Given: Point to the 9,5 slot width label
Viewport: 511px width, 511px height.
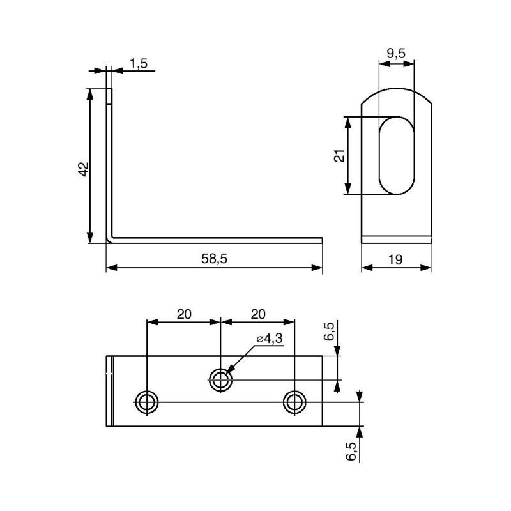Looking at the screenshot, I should (x=396, y=54).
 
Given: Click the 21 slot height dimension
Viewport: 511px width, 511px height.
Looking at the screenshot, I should (x=339, y=155).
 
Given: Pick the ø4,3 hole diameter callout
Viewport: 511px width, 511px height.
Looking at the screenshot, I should (x=269, y=339).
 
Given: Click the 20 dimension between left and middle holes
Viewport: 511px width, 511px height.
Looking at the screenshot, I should (x=184, y=314).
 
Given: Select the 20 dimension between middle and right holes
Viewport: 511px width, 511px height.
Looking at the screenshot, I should (x=257, y=314).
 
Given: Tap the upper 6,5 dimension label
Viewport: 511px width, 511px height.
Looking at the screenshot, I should (x=328, y=332).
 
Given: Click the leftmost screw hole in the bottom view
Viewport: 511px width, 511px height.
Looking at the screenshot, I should (x=147, y=402).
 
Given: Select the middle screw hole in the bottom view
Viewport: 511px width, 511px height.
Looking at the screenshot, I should (x=221, y=380).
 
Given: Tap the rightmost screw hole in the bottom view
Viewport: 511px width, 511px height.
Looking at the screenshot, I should (x=294, y=402).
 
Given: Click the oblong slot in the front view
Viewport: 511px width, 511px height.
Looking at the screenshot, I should (x=396, y=155).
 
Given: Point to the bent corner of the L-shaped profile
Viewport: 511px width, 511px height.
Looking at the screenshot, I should (x=110, y=240).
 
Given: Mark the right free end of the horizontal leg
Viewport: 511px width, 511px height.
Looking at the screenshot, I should (x=321, y=241).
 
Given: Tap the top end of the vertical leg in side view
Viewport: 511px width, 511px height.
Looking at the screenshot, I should (x=110, y=89).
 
